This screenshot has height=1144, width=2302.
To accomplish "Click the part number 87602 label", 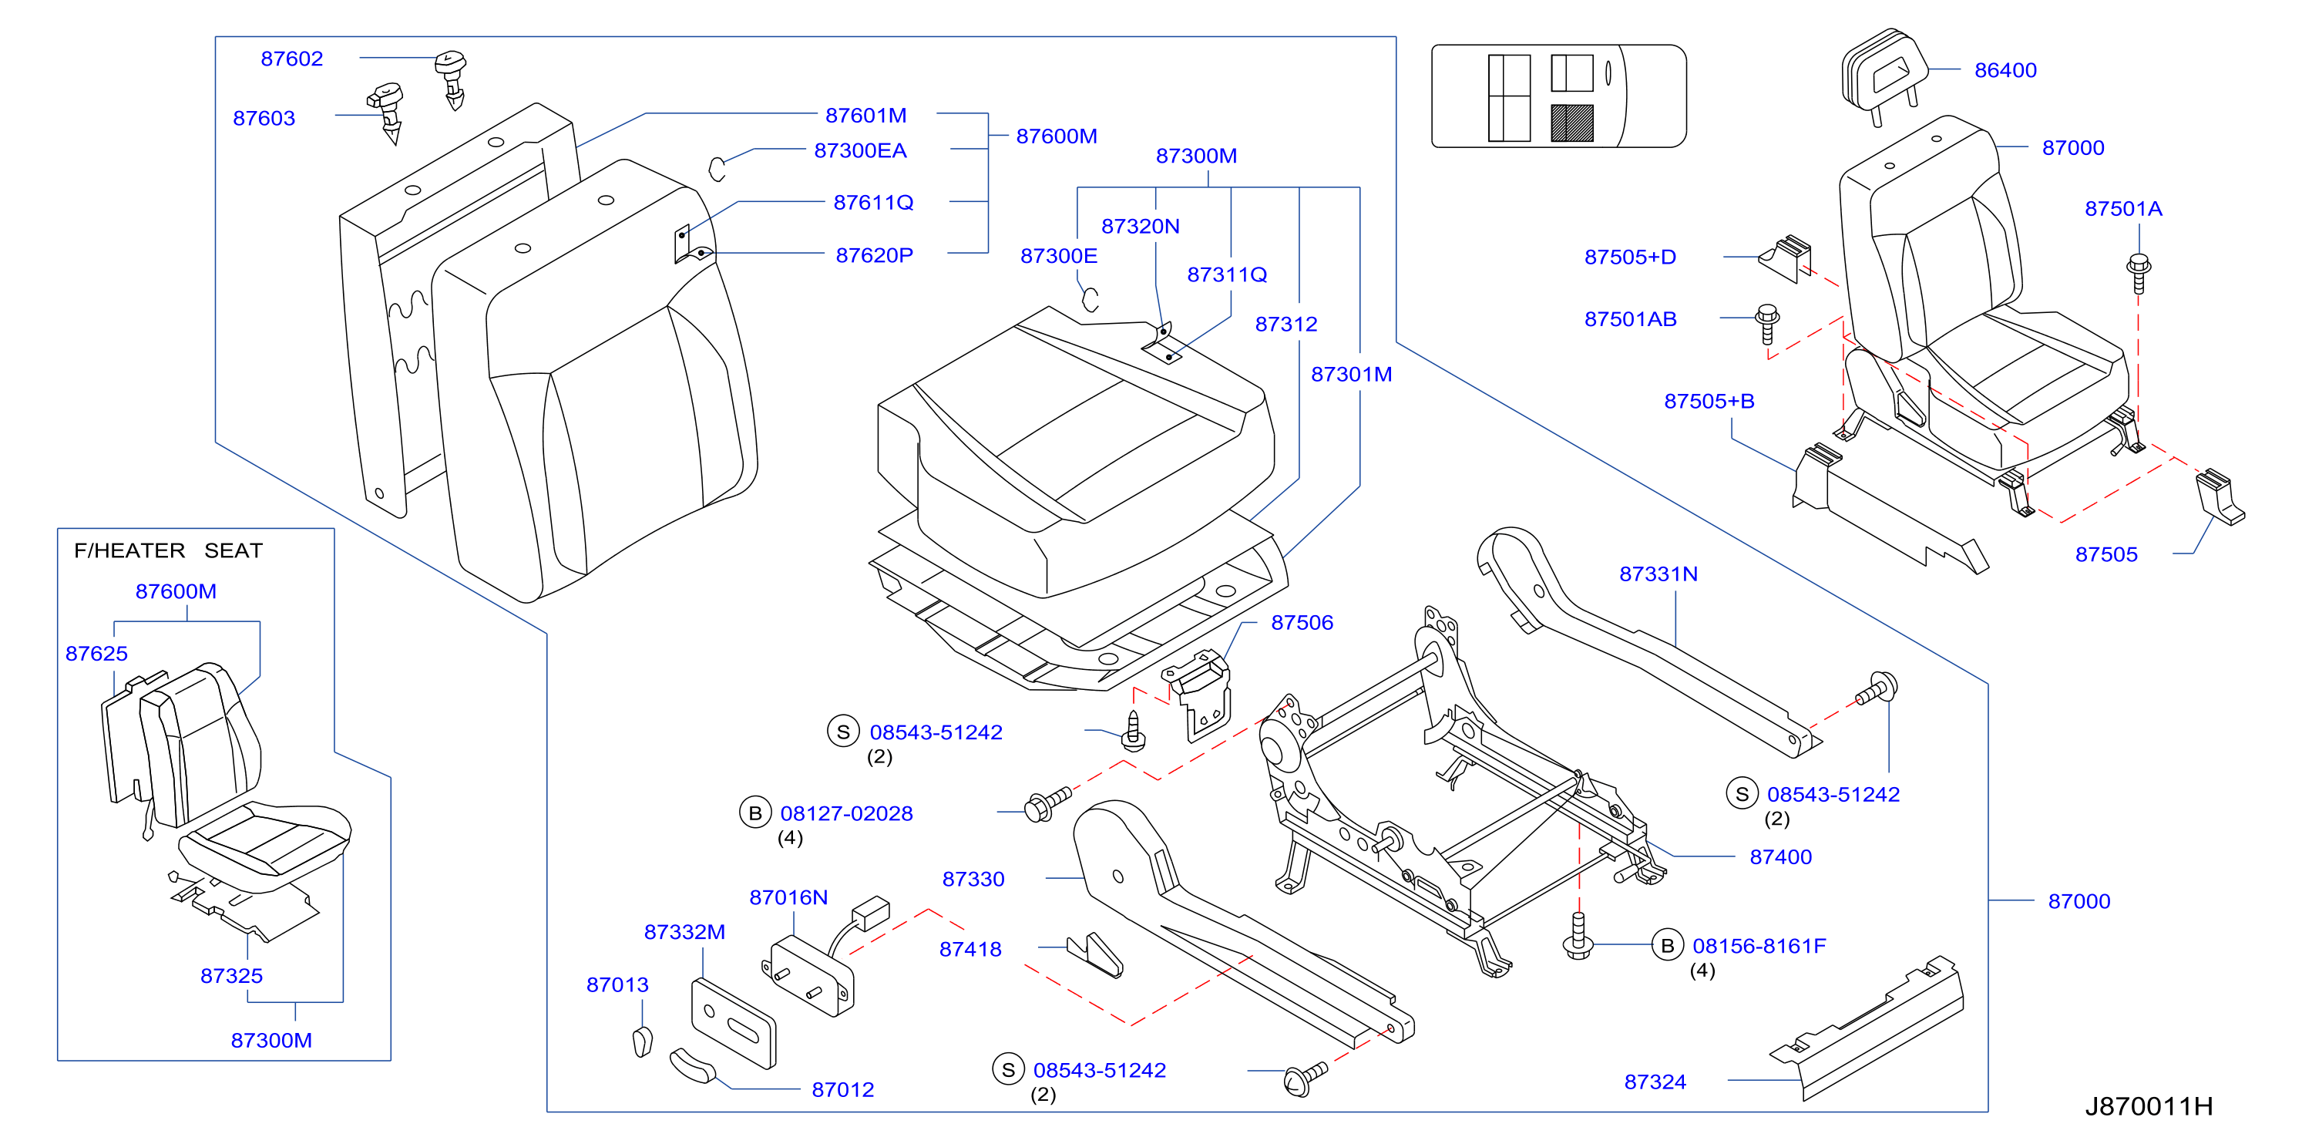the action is (x=291, y=59).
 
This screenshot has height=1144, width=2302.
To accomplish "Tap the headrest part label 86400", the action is (x=2005, y=71).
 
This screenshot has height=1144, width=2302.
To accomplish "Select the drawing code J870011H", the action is (x=2149, y=1106).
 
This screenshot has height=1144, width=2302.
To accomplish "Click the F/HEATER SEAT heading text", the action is (x=168, y=550).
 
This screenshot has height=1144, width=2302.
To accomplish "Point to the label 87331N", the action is (x=1658, y=574).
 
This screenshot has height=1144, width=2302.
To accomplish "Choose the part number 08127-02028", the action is (x=846, y=813).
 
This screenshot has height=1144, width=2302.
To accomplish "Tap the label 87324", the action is (x=1655, y=1082).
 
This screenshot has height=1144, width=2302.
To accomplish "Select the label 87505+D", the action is (x=1630, y=257).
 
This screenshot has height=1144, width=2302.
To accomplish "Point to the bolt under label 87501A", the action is (x=2139, y=273).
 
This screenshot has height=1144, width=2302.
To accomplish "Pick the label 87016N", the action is (x=788, y=897).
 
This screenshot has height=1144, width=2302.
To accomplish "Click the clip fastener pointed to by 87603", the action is (x=387, y=111).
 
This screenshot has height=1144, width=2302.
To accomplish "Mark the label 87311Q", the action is (x=1227, y=274).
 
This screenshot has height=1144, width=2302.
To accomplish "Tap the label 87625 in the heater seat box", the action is (x=96, y=654).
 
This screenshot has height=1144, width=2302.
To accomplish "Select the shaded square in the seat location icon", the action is (x=1572, y=123).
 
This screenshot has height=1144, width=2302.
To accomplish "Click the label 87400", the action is (x=1780, y=857).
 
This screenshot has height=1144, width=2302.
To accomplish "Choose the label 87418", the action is (x=970, y=949).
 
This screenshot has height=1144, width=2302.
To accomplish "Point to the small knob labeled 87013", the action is (x=643, y=1042).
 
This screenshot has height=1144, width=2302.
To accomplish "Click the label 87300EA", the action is (x=859, y=150).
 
